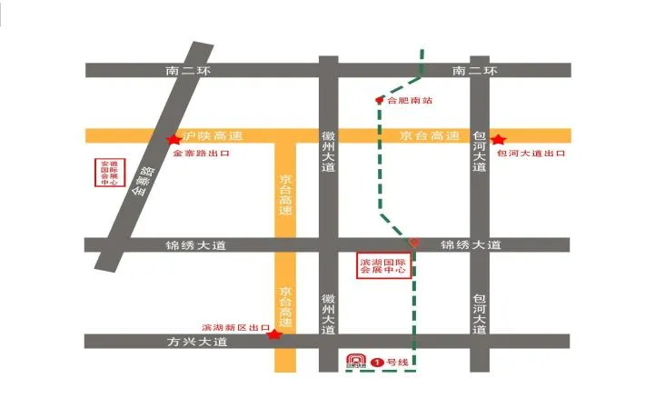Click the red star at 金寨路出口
pyautogui.click(x=173, y=139)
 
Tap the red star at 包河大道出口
pyautogui.click(x=498, y=139)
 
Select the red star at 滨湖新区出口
pyautogui.click(x=273, y=334)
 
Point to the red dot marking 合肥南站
pyautogui.click(x=380, y=100)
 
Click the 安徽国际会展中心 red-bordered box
pyautogui.click(x=110, y=172)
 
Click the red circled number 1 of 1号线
pyautogui.click(x=377, y=362)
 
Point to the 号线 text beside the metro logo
pyautogui.click(x=398, y=362)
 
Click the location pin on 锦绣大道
pyautogui.click(x=414, y=243)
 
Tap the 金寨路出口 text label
pyautogui.click(x=202, y=154)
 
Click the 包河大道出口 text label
pyautogui.click(x=531, y=154)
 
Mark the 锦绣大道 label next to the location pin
pyautogui.click(x=470, y=245)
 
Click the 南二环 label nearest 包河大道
pyautogui.click(x=475, y=70)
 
